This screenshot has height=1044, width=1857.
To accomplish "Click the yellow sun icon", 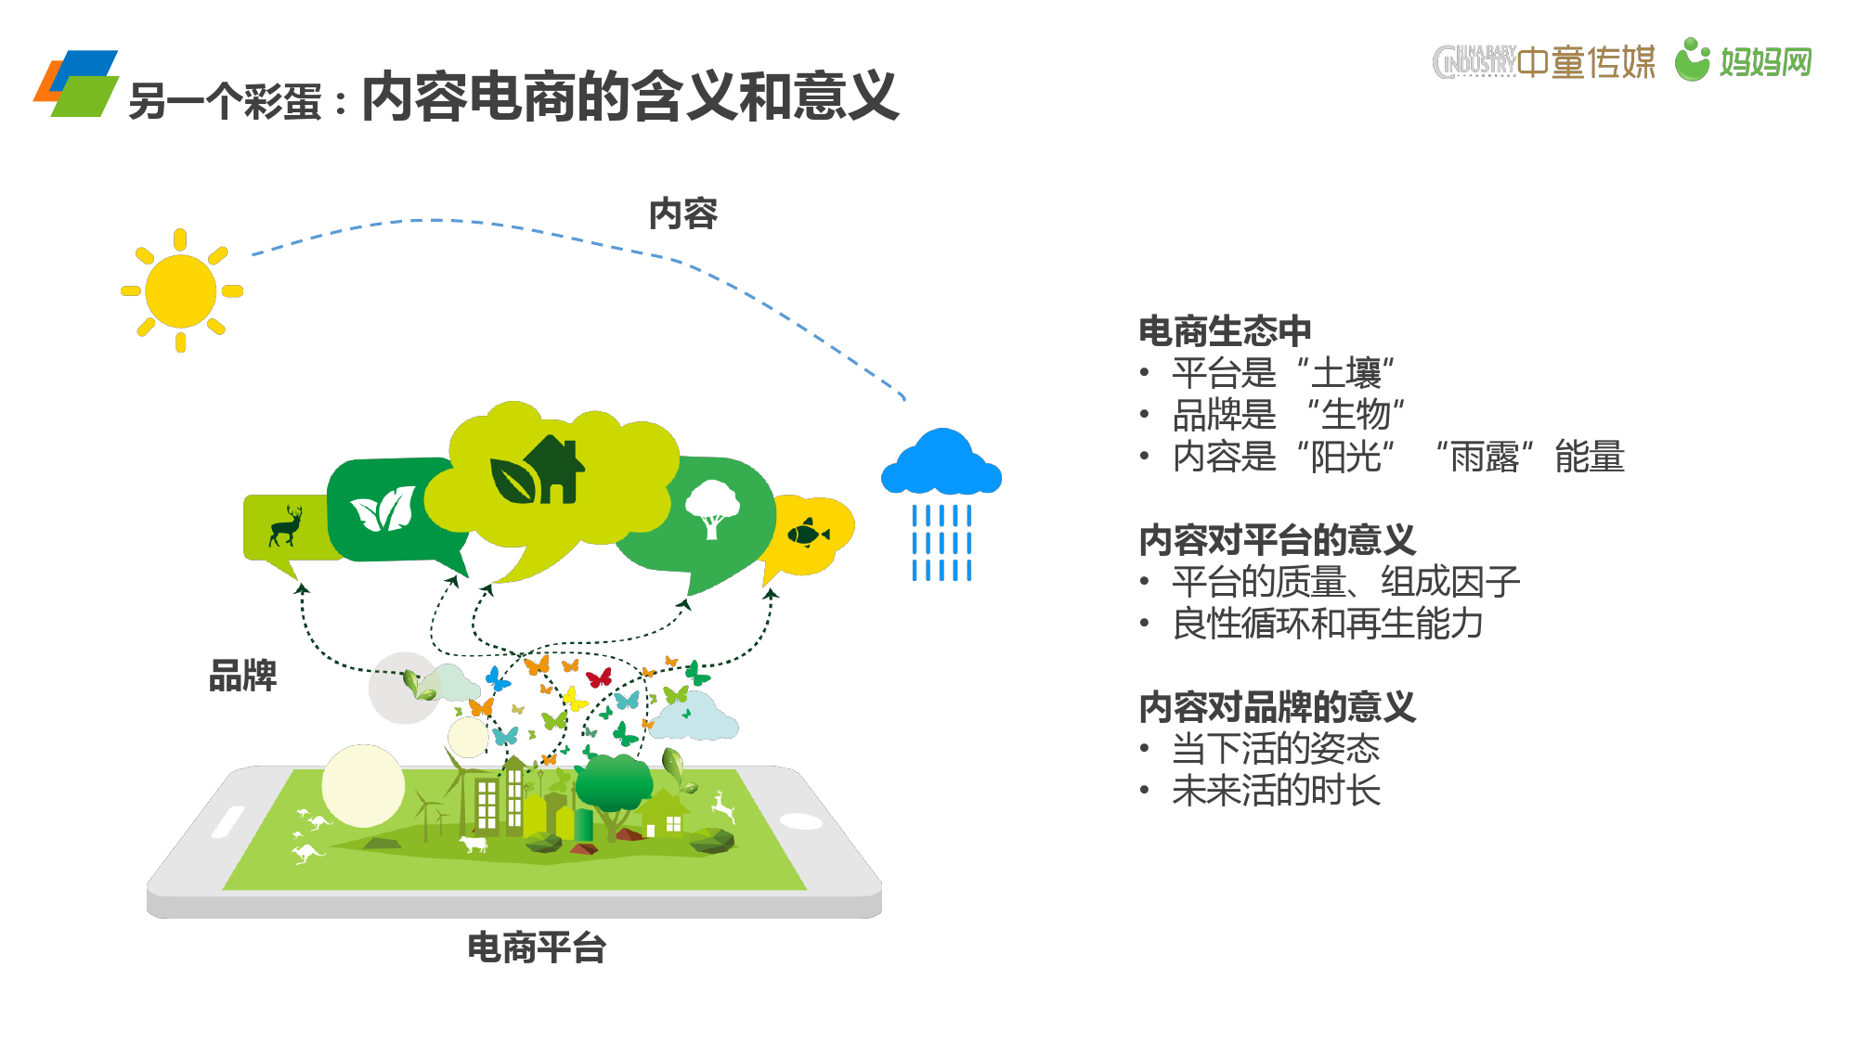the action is pos(181,290).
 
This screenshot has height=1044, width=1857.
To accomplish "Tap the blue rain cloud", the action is pos(941,462).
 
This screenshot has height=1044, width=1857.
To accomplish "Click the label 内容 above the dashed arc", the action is pos(683,213).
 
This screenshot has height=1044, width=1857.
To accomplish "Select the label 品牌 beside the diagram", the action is pos(243,676).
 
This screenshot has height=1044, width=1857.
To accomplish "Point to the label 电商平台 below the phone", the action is pos(537,947).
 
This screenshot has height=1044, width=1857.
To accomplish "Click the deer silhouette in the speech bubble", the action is pos(286,526).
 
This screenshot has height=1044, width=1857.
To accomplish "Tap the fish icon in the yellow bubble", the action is pos(808,533).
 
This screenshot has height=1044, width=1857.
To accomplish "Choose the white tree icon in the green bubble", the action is pos(712,509).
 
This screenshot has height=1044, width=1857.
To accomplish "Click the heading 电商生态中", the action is pos(1225,331).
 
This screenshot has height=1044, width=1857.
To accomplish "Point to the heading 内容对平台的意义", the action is pos(1277,540).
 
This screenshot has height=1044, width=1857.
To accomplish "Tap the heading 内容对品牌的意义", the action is pos(1277,707).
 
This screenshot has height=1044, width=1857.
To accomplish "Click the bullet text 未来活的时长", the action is pos(1276,791).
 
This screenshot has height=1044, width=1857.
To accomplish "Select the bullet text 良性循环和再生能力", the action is pos(1328,624).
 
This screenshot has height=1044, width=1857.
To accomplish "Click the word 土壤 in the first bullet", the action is pos(1346,373).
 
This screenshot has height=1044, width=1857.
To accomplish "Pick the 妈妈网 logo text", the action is pos(1765,61).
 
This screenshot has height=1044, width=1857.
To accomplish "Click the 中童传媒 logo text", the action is pos(1587,61).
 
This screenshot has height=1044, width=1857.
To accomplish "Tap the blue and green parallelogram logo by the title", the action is pos(76,84).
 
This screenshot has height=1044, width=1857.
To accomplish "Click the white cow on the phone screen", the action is pos(474,844).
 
